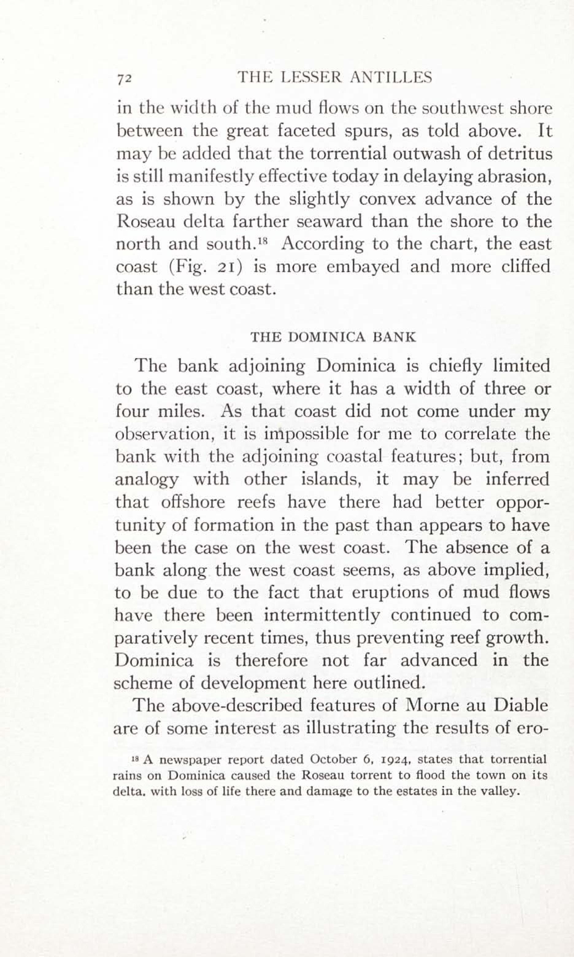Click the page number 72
tap(125, 79)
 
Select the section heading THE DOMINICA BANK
tap(333, 337)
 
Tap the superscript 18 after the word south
tap(263, 239)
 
